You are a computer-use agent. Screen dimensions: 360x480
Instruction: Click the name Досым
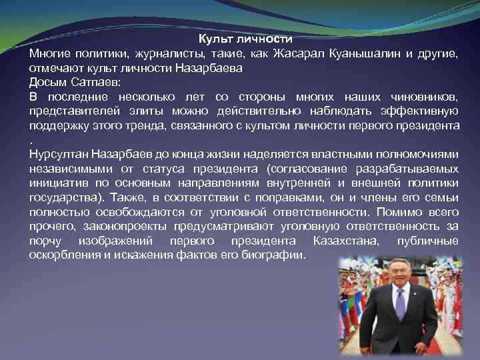click(47, 82)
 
